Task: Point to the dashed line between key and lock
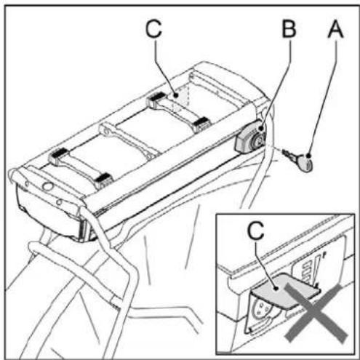[x=275, y=149]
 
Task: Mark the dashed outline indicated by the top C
[x=182, y=102]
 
